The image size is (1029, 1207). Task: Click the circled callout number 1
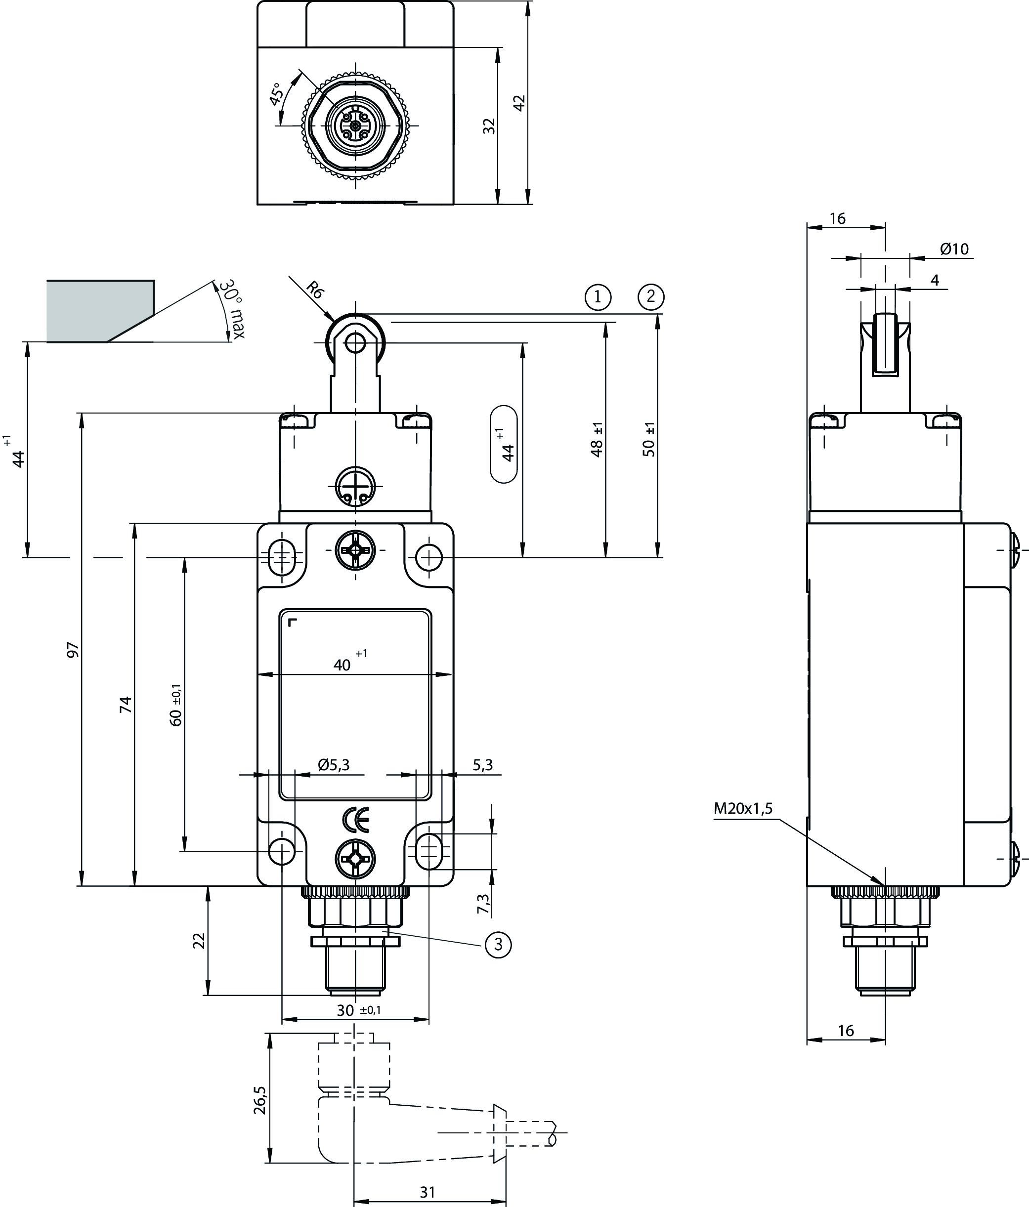tap(597, 297)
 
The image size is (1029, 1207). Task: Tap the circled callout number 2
tap(651, 297)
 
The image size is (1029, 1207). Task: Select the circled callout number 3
tap(498, 944)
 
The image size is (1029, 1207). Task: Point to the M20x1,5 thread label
tap(743, 808)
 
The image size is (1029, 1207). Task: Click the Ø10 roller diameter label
tap(954, 250)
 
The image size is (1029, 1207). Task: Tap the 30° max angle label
tap(232, 309)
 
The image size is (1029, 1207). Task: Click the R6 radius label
tap(315, 290)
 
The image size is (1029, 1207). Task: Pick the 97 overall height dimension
tap(73, 650)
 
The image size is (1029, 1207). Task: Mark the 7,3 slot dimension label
tap(484, 903)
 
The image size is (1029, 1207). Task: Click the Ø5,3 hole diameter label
tap(334, 765)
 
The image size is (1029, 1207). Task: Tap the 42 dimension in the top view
tap(519, 102)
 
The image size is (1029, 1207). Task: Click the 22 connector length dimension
tap(199, 941)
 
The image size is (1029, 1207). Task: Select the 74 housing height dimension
tap(125, 705)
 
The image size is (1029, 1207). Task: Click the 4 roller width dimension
tap(935, 280)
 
